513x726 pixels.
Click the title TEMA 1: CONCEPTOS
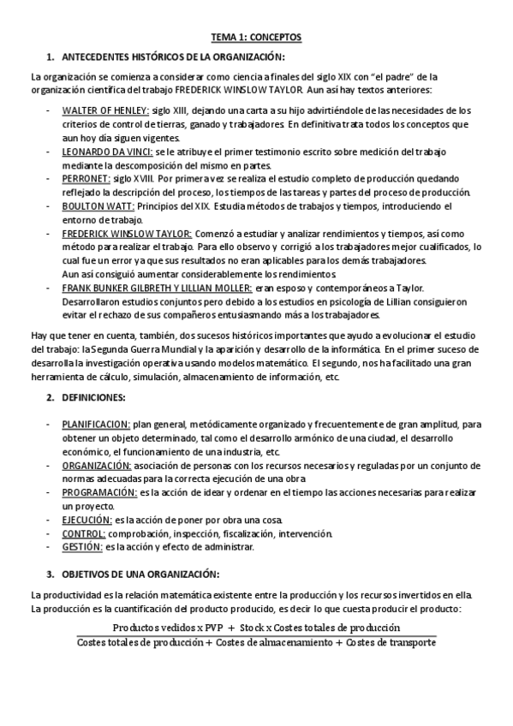(256, 38)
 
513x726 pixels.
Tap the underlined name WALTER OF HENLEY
(105, 110)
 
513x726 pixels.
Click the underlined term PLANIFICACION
(96, 424)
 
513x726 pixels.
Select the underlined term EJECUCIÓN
(86, 520)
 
